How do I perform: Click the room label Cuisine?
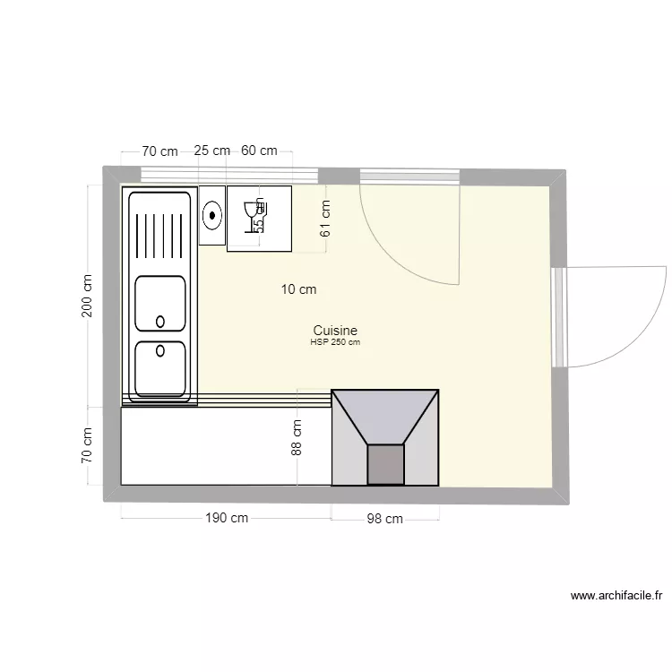(335, 330)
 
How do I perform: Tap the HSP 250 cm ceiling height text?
(335, 342)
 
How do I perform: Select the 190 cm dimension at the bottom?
(227, 518)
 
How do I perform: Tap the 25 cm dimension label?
(211, 151)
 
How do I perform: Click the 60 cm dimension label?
(258, 151)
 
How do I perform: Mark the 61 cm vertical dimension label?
(325, 217)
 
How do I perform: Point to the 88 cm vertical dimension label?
(297, 438)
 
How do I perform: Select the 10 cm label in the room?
(298, 289)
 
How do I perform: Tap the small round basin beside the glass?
(212, 215)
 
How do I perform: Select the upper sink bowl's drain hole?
(160, 321)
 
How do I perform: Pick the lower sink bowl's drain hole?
(160, 350)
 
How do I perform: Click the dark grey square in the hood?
(386, 465)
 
